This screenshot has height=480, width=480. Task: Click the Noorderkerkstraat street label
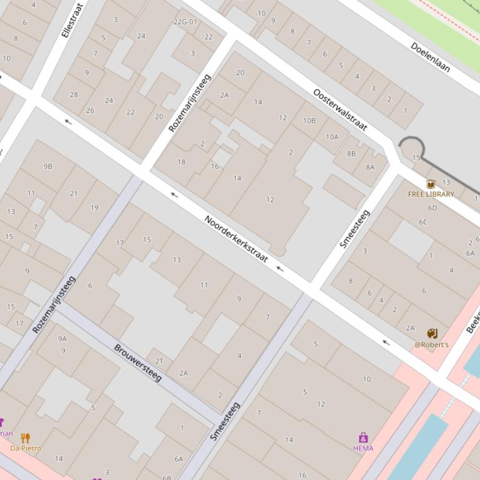[x=236, y=239]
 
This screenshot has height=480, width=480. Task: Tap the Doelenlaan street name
[x=430, y=57]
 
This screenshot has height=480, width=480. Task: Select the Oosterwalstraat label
[x=340, y=110]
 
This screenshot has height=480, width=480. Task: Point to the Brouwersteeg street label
[x=138, y=362]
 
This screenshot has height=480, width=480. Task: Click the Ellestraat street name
[x=72, y=21]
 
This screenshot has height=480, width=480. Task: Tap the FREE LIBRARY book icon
[x=430, y=184]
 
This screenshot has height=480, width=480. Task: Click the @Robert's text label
[x=431, y=345]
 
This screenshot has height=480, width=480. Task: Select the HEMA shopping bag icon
[x=363, y=438]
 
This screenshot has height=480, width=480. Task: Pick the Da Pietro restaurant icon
[x=26, y=438]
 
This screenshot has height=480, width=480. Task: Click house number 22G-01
[x=185, y=22]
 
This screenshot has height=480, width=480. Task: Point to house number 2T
[x=159, y=361]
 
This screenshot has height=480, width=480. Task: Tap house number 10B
[x=309, y=120]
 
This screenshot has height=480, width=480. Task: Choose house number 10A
[x=331, y=137]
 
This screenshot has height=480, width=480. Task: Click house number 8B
[x=351, y=153]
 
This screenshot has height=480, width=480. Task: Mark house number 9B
[x=48, y=166]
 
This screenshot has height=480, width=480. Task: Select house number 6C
[x=423, y=222]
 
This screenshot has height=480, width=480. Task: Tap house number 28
[x=74, y=95]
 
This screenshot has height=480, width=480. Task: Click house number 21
[x=74, y=193]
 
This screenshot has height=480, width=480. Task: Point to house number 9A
[x=62, y=338]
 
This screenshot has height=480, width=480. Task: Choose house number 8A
[x=370, y=166]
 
